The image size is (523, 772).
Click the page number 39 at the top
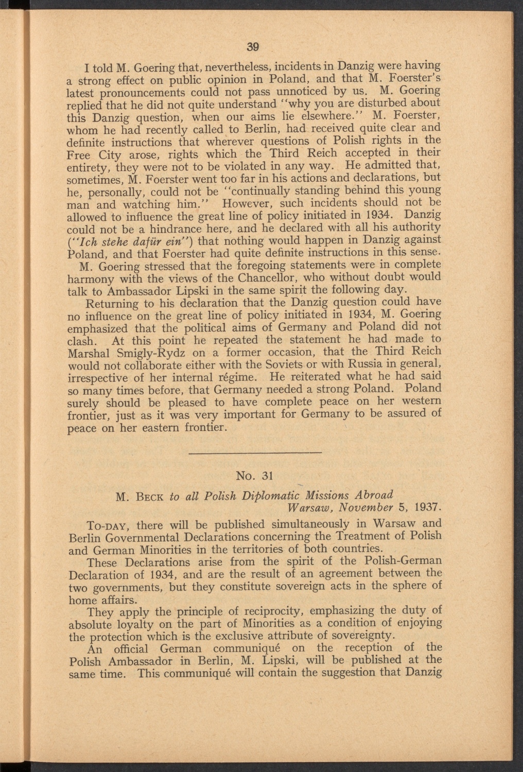click(252, 47)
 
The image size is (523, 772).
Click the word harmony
click(89, 278)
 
